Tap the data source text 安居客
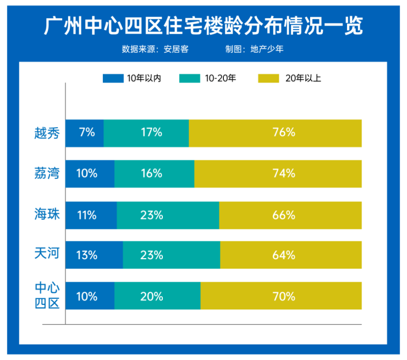point(177,49)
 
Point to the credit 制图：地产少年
point(254,49)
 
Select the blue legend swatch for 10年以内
point(113,79)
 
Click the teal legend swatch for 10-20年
point(190,79)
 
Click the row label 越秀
point(46,133)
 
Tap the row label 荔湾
point(46,173)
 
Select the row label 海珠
point(46,214)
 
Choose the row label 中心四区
point(46,296)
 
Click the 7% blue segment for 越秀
point(85,133)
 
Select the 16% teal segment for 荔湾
point(154,173)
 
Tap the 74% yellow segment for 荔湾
point(278,173)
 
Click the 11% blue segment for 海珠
point(91,214)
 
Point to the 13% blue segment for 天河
point(94,255)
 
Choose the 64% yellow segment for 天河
point(291,255)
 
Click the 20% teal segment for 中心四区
point(157,296)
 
